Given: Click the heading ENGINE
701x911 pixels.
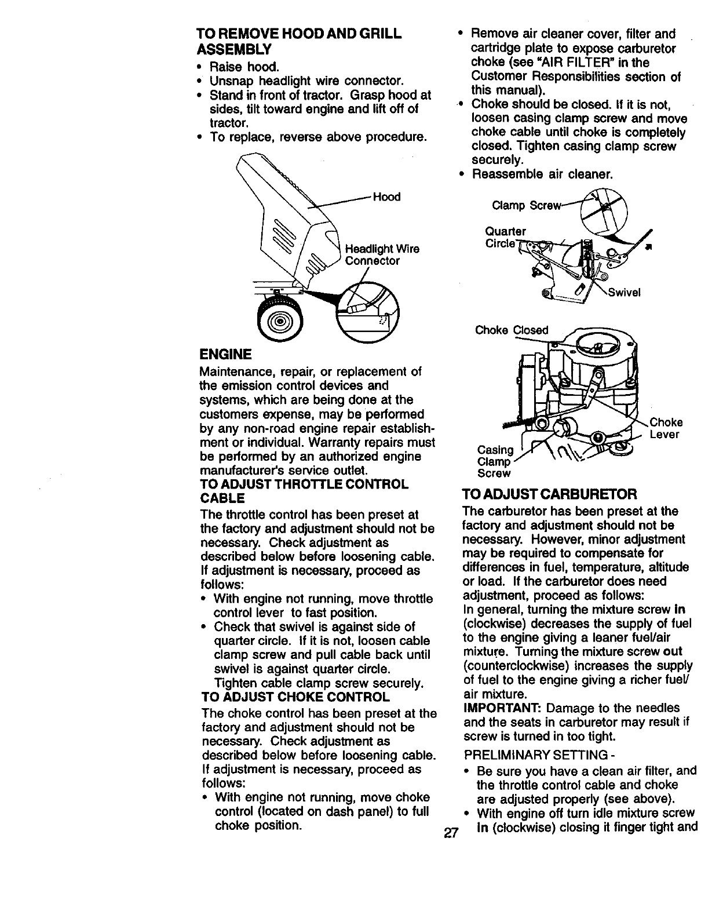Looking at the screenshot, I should click(x=225, y=354).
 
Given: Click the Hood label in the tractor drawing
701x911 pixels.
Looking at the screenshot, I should click(x=386, y=197).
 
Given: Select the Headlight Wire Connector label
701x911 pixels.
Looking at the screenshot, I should click(x=382, y=255).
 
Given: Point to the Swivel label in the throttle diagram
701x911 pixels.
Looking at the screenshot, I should click(x=624, y=293).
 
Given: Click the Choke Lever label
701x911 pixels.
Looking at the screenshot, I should click(x=666, y=428).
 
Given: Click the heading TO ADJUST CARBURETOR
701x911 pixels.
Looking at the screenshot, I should click(x=549, y=494).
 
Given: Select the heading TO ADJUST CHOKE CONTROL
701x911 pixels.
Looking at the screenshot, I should click(x=295, y=696).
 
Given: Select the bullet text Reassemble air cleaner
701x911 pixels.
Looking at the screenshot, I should click(x=542, y=174).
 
